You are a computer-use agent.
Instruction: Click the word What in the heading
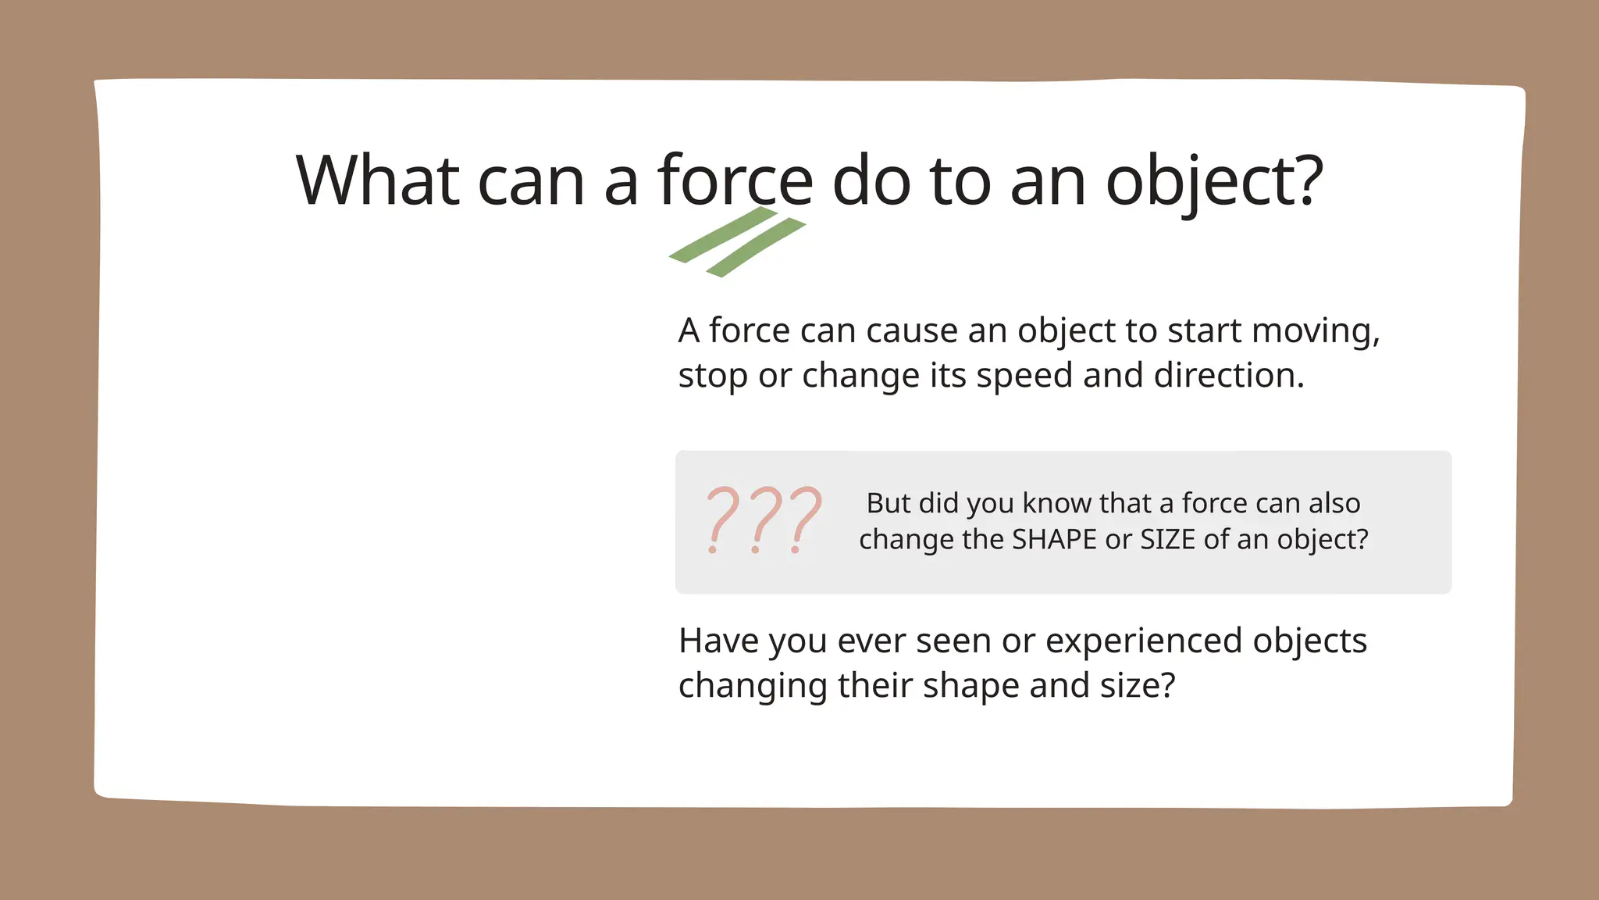(377, 180)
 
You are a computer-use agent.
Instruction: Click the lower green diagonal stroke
(756, 248)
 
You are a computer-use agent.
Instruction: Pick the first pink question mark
(721, 520)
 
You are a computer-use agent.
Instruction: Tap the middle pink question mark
(764, 520)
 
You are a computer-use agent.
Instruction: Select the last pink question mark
(805, 520)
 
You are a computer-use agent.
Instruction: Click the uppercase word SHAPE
(1054, 539)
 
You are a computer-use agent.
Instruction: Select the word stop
(713, 377)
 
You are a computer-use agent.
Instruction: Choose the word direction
(1229, 375)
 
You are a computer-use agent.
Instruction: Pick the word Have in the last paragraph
(718, 641)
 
